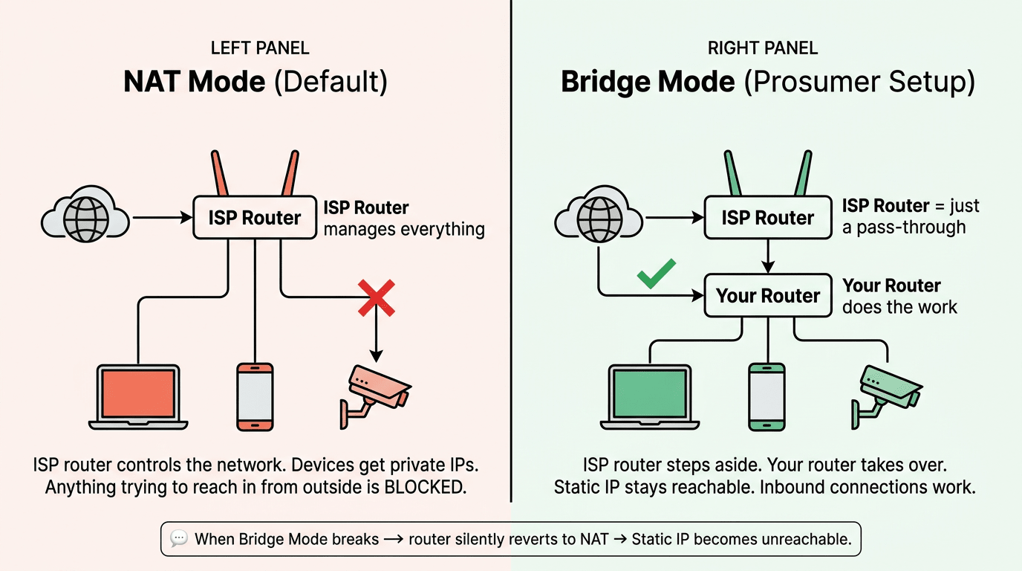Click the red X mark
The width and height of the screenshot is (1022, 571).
tap(377, 297)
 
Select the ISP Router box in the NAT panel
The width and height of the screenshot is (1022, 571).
tap(255, 218)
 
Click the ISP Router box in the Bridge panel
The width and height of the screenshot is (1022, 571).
tap(768, 218)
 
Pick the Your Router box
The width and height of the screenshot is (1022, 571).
tap(768, 296)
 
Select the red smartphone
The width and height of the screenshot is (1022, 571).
tap(255, 396)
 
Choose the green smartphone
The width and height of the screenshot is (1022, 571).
tap(767, 396)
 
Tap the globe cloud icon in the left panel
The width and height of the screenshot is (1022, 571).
tap(84, 218)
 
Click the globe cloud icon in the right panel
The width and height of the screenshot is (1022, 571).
tap(598, 218)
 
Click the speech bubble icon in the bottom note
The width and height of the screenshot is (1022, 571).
tap(178, 539)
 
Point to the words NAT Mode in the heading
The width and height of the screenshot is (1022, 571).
tap(195, 82)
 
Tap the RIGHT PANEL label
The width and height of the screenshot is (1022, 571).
tap(763, 49)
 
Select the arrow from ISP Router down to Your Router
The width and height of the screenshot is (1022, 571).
tap(768, 256)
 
